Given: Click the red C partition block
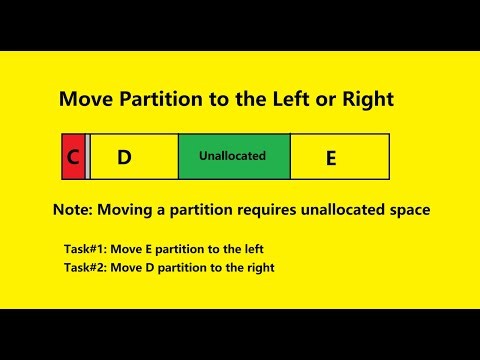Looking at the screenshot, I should (72, 157).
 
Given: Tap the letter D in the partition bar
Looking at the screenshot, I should (124, 157).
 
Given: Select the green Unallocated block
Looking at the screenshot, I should (233, 157).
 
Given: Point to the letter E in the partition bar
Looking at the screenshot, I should (331, 158).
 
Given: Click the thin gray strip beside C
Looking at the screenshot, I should (88, 157).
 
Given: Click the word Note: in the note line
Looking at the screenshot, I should (75, 212).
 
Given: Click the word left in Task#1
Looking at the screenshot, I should (252, 248).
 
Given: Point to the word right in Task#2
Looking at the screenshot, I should (258, 267).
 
